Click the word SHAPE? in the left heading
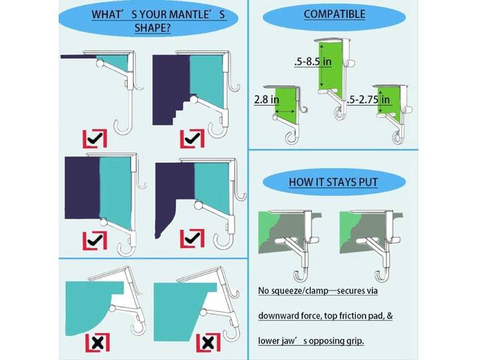tap(153, 28)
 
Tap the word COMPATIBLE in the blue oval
tap(334, 14)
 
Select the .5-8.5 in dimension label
tap(313, 62)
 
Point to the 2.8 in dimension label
tap(266, 99)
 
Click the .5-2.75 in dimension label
tap(368, 99)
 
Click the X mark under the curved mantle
tap(97, 343)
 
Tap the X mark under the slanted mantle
tap(208, 343)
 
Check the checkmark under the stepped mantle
tap(193, 139)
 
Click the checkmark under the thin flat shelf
tap(95, 139)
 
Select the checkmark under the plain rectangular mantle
tap(95, 241)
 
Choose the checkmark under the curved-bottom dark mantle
tap(193, 239)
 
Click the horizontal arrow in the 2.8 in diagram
tap(284, 112)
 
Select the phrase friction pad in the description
tap(360, 316)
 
